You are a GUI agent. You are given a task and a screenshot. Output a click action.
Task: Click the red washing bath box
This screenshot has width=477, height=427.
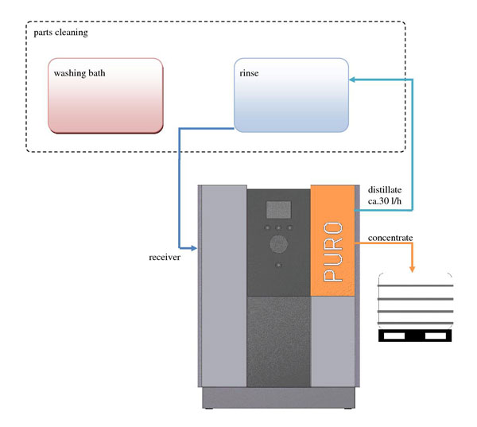pos(106,95)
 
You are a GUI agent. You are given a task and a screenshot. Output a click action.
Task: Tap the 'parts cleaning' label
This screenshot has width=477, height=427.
pos(61,33)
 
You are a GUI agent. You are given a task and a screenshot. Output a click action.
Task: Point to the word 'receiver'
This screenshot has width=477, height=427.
pos(165,258)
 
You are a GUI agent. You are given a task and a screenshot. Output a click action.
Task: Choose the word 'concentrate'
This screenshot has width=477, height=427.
pos(390,238)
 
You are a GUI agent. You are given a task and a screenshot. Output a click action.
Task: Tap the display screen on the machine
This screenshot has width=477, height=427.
pos(277,210)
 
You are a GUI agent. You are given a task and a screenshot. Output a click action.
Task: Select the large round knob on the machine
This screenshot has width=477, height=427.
pos(277,244)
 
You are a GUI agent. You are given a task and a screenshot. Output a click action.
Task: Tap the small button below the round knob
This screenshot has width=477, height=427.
pos(277,264)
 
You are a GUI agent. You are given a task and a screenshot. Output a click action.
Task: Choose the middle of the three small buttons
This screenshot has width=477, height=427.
pos(277,228)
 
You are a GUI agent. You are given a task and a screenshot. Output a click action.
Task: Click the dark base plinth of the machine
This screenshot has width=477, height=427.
pos(279,396)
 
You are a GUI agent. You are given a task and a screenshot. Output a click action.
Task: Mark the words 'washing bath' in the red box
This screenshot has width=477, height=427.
pos(79,74)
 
